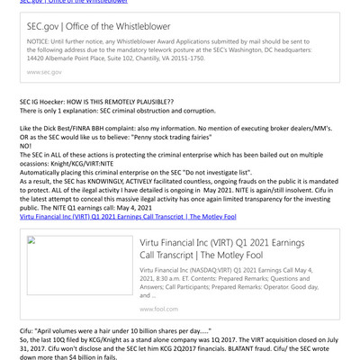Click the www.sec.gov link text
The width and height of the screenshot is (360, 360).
pyautogui.click(x=44, y=71)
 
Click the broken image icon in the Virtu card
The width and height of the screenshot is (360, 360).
pyautogui.click(x=31, y=240)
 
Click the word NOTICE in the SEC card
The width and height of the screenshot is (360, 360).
pyautogui.click(x=39, y=40)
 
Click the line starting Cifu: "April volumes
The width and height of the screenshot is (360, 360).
pyautogui.click(x=107, y=330)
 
